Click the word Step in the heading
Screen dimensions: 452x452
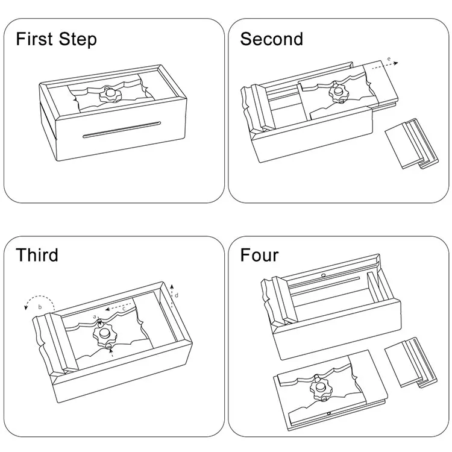point(78,40)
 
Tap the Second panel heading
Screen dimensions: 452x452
point(272,39)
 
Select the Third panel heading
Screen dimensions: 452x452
point(37,255)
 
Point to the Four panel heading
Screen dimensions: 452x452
point(259,255)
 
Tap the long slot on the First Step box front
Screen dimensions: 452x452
point(121,129)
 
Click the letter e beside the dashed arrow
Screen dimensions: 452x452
point(389,59)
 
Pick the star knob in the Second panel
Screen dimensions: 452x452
point(339,93)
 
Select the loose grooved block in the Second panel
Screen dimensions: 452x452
point(412,143)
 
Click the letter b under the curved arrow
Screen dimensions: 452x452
point(40,307)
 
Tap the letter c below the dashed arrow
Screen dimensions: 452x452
point(124,309)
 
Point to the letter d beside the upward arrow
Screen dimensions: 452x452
point(177,295)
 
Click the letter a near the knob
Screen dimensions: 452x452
point(94,316)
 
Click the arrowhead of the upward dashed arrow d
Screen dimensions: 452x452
point(172,286)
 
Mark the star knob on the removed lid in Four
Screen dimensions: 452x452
point(321,388)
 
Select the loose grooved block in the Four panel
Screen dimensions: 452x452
point(411,362)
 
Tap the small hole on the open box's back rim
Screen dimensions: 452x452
point(324,275)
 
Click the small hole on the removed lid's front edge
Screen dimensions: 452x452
point(328,413)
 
